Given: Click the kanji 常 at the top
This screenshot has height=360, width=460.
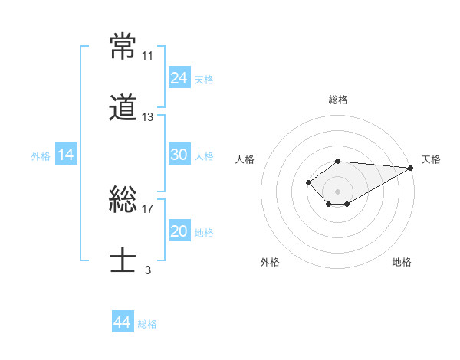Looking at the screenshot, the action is click(123, 46).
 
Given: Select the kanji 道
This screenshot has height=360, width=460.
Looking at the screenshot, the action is click(123, 107).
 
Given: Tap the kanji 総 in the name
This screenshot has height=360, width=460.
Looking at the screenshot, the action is click(123, 199).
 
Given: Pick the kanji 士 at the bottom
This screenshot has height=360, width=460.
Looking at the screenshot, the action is click(123, 260).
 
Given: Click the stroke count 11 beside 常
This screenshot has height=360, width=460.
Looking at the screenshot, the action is click(147, 56).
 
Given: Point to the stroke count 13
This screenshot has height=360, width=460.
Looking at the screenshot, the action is click(147, 117).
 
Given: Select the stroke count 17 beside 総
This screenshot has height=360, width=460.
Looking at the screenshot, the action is click(147, 209).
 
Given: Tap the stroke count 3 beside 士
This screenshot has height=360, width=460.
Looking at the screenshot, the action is click(148, 270).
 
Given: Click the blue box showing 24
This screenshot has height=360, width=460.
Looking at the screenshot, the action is click(179, 77).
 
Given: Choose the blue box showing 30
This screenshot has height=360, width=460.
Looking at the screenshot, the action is click(179, 154).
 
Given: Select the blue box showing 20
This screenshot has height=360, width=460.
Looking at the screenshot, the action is click(179, 230).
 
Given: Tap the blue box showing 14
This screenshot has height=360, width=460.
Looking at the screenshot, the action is click(66, 154).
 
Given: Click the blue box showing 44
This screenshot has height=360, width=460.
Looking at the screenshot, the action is click(123, 321).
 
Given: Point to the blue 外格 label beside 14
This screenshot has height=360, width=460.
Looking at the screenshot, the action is click(41, 156).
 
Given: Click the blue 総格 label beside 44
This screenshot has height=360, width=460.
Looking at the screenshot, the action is click(147, 324).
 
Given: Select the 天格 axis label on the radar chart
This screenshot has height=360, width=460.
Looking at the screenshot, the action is click(431, 159).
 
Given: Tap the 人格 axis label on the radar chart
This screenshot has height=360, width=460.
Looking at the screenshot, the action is click(245, 159).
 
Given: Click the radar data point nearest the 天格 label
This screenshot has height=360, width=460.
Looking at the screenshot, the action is click(411, 168).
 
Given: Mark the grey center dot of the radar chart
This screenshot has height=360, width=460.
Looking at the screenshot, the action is click(337, 191).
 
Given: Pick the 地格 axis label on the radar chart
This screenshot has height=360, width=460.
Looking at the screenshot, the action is click(402, 262).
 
